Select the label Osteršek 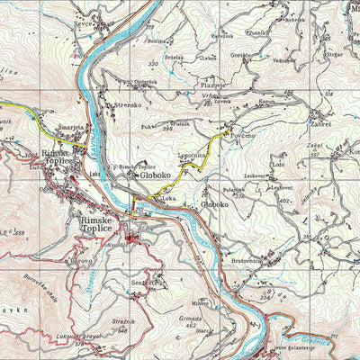pos(145,82)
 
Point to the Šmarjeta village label pos(72,129)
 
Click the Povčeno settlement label pos(243,136)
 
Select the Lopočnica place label pos(193,155)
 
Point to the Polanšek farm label pos(233,190)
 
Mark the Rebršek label pos(294,19)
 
